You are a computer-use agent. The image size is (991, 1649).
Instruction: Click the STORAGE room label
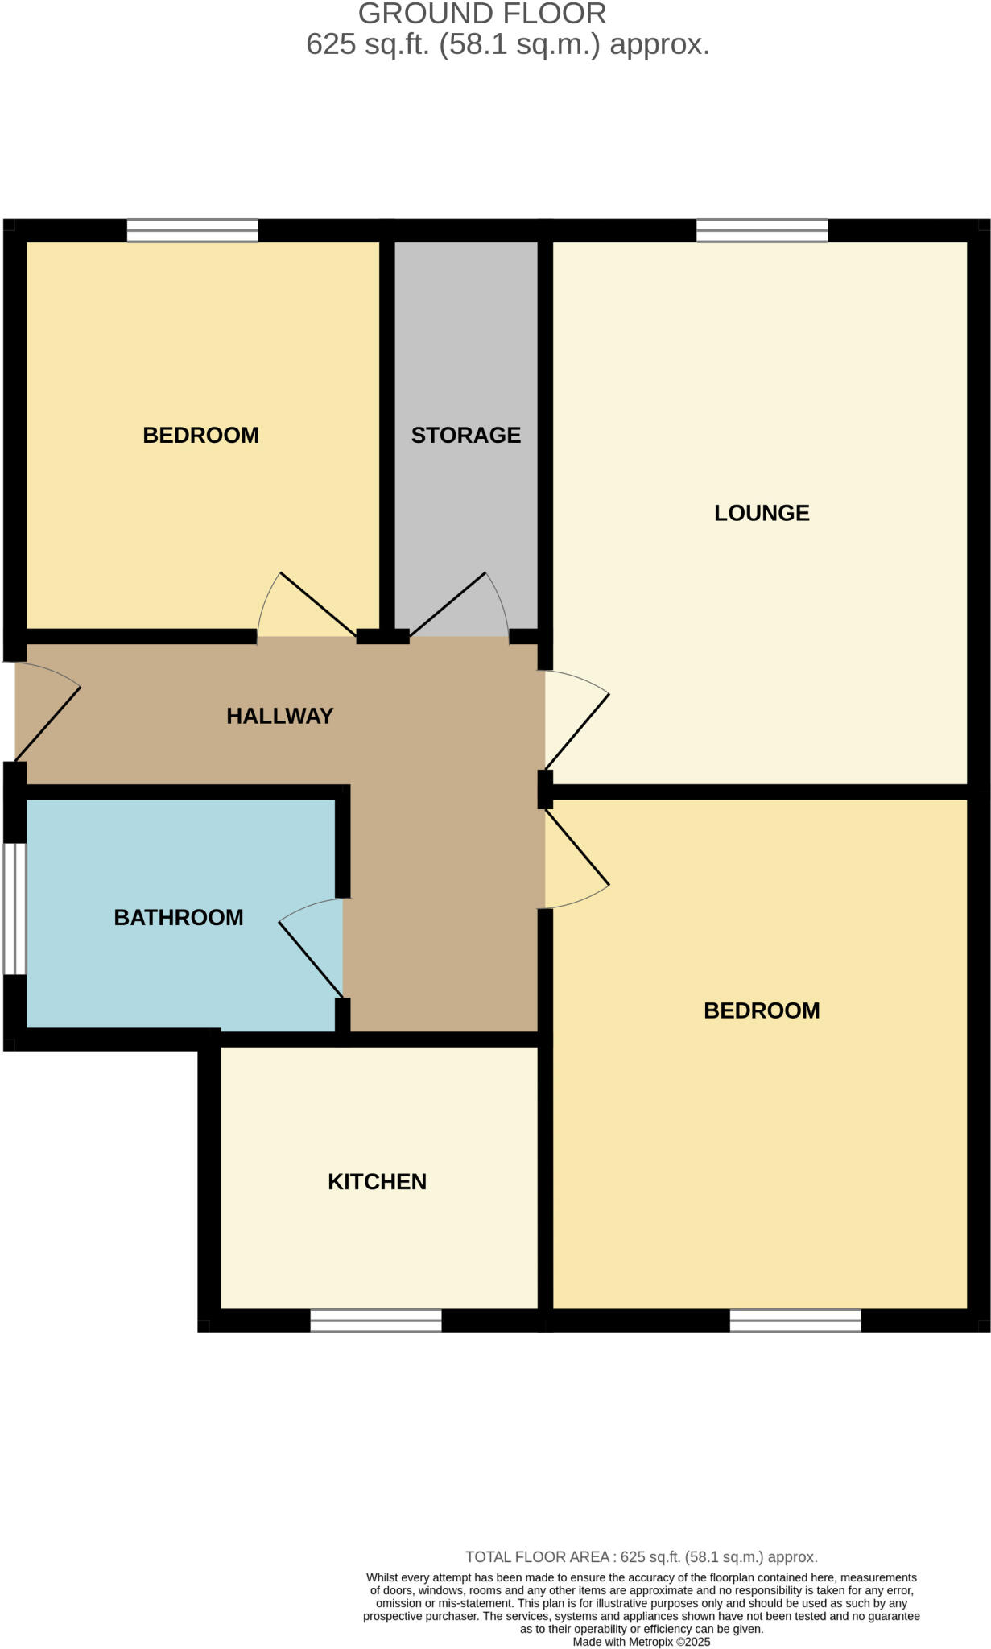click(465, 435)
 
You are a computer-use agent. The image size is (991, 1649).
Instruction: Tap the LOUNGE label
click(762, 513)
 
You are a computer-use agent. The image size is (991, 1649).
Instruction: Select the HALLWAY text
click(279, 716)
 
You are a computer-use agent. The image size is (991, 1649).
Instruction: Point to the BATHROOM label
click(179, 917)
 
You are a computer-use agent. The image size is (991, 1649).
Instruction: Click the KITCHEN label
click(377, 1181)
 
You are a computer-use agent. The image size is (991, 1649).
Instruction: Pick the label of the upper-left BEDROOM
click(200, 435)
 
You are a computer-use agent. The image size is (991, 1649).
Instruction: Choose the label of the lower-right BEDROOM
click(762, 1010)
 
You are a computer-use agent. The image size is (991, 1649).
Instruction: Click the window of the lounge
click(762, 230)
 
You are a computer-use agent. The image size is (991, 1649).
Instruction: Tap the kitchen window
click(376, 1320)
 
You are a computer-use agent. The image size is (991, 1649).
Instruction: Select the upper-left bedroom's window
click(192, 230)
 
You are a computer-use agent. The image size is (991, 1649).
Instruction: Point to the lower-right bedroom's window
click(795, 1320)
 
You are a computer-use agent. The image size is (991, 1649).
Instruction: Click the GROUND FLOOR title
click(482, 14)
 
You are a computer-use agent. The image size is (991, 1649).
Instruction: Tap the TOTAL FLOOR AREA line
click(641, 1556)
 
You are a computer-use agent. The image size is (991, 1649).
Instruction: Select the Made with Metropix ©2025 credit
click(641, 1641)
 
